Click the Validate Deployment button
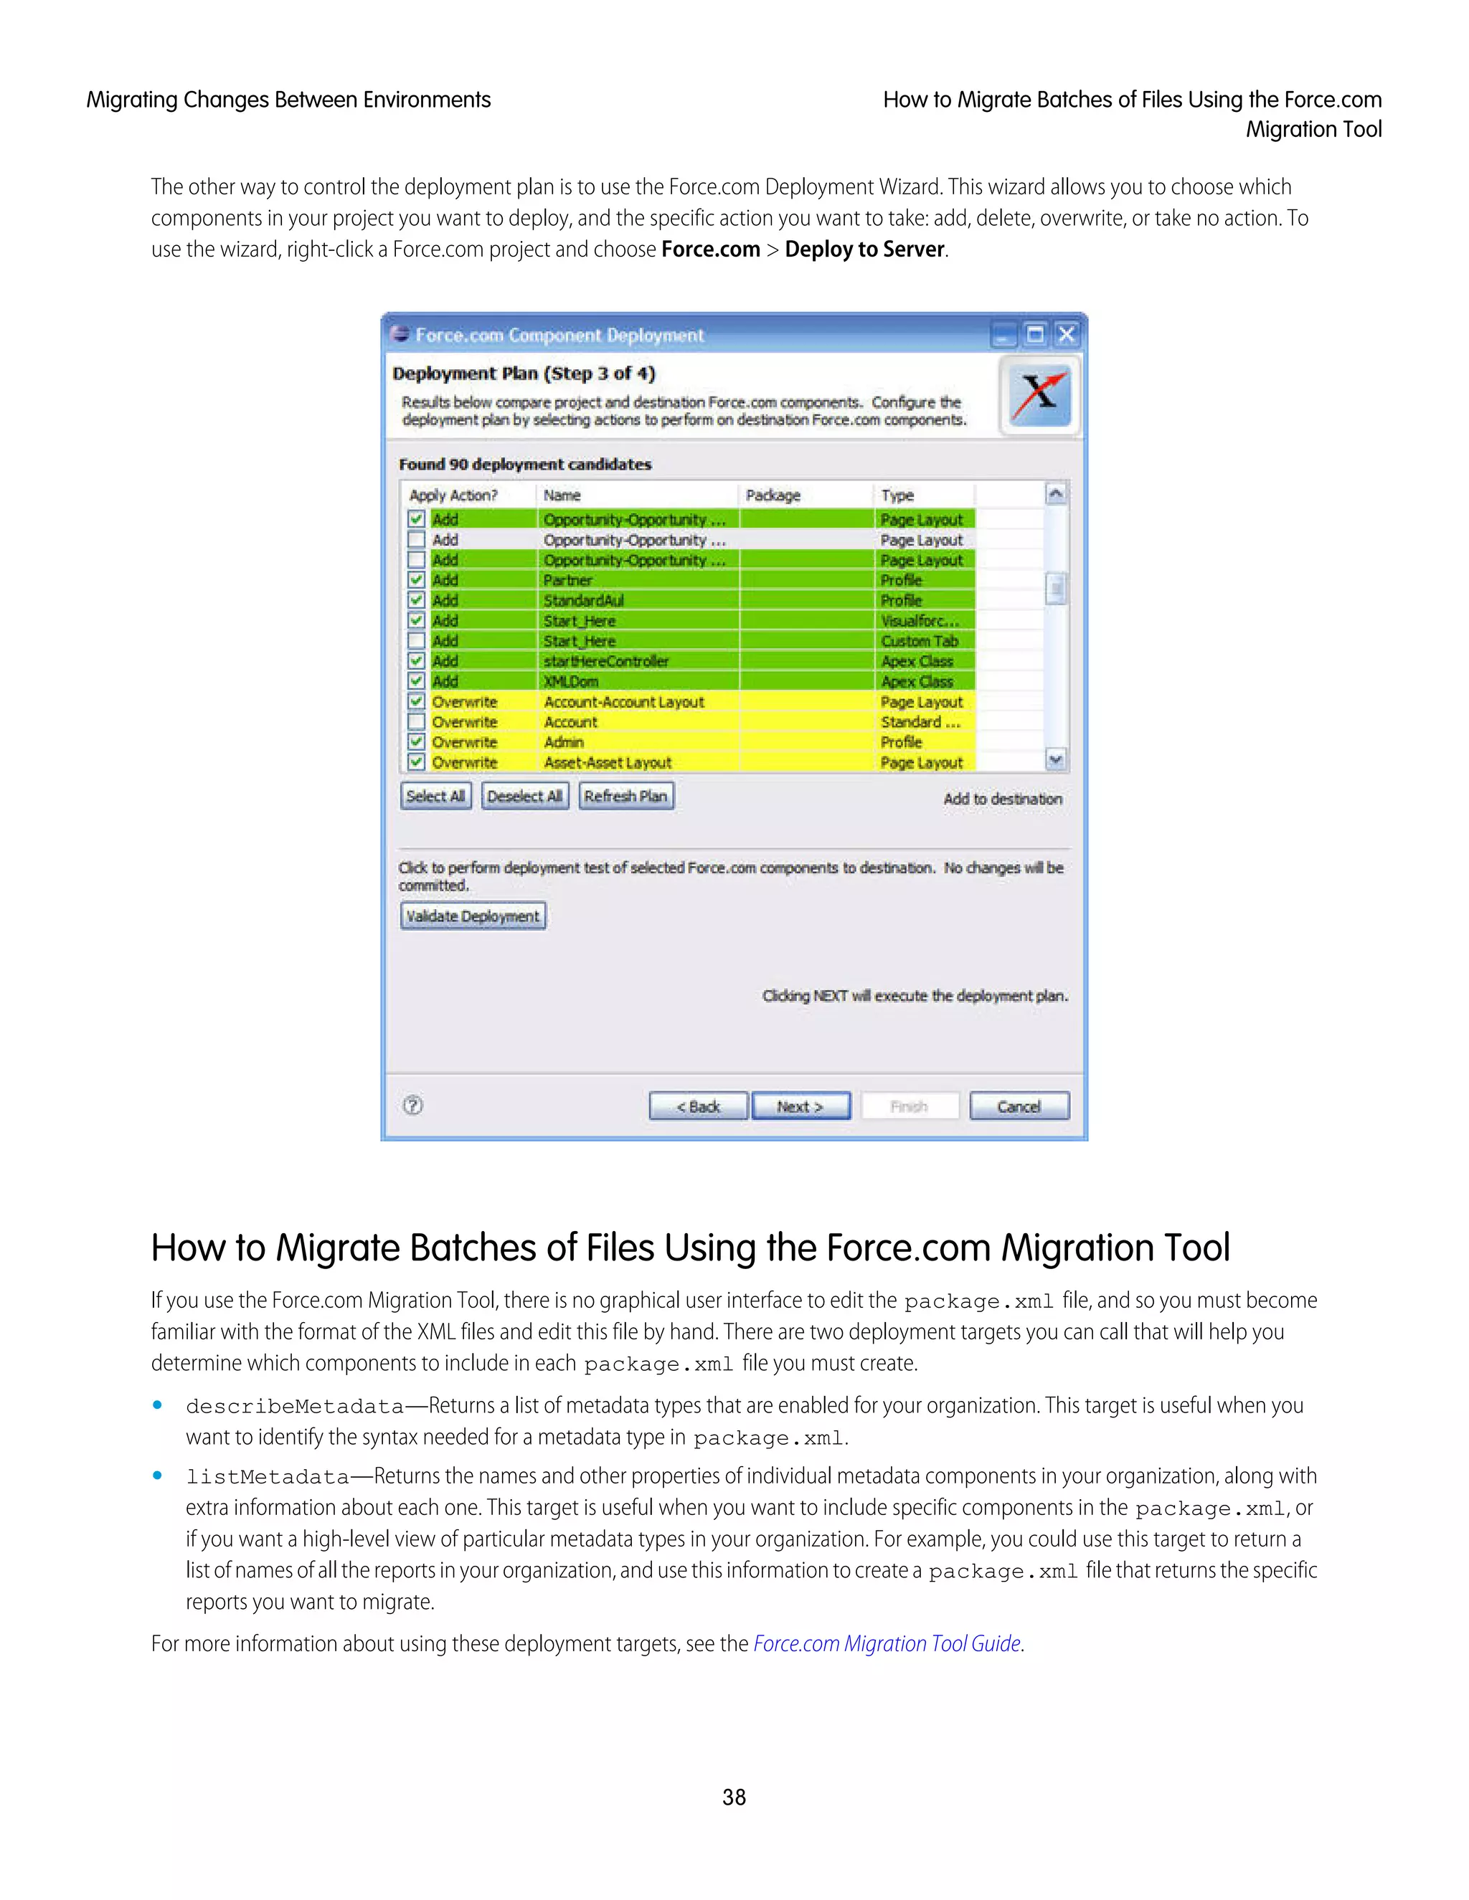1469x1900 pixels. [x=473, y=916]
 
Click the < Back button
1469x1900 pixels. [x=698, y=1106]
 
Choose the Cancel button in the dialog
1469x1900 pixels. [x=1019, y=1106]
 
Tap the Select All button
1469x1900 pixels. [x=435, y=796]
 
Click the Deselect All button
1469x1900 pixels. [x=525, y=796]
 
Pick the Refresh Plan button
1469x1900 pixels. [x=625, y=796]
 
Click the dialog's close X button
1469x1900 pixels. [x=1066, y=335]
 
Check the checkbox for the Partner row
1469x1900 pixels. [x=417, y=580]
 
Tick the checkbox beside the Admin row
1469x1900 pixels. [x=417, y=742]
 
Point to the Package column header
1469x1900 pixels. [x=773, y=495]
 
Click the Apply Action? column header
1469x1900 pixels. [x=453, y=495]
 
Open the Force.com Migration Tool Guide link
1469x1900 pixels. [x=886, y=1643]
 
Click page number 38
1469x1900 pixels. [x=734, y=1797]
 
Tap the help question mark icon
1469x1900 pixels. [x=413, y=1106]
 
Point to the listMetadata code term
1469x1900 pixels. [x=267, y=1477]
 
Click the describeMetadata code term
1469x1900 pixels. [x=294, y=1407]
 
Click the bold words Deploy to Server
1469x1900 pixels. [x=864, y=250]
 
